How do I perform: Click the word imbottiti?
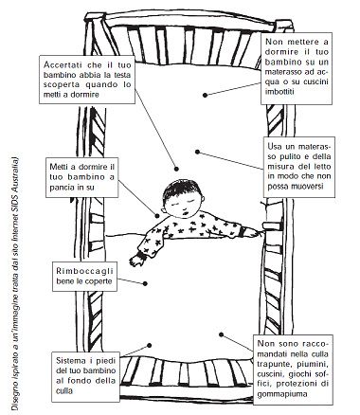[279, 92]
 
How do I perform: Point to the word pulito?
[295, 156]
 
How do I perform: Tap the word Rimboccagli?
[84, 271]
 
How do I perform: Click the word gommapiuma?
[282, 394]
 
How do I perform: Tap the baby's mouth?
[186, 213]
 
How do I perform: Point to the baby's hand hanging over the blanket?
[136, 260]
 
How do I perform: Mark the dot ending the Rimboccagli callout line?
[145, 283]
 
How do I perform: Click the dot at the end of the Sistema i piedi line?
[150, 345]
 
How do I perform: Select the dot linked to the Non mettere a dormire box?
[206, 95]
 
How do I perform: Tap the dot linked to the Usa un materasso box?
[197, 152]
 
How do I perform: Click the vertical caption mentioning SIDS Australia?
[14, 282]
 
